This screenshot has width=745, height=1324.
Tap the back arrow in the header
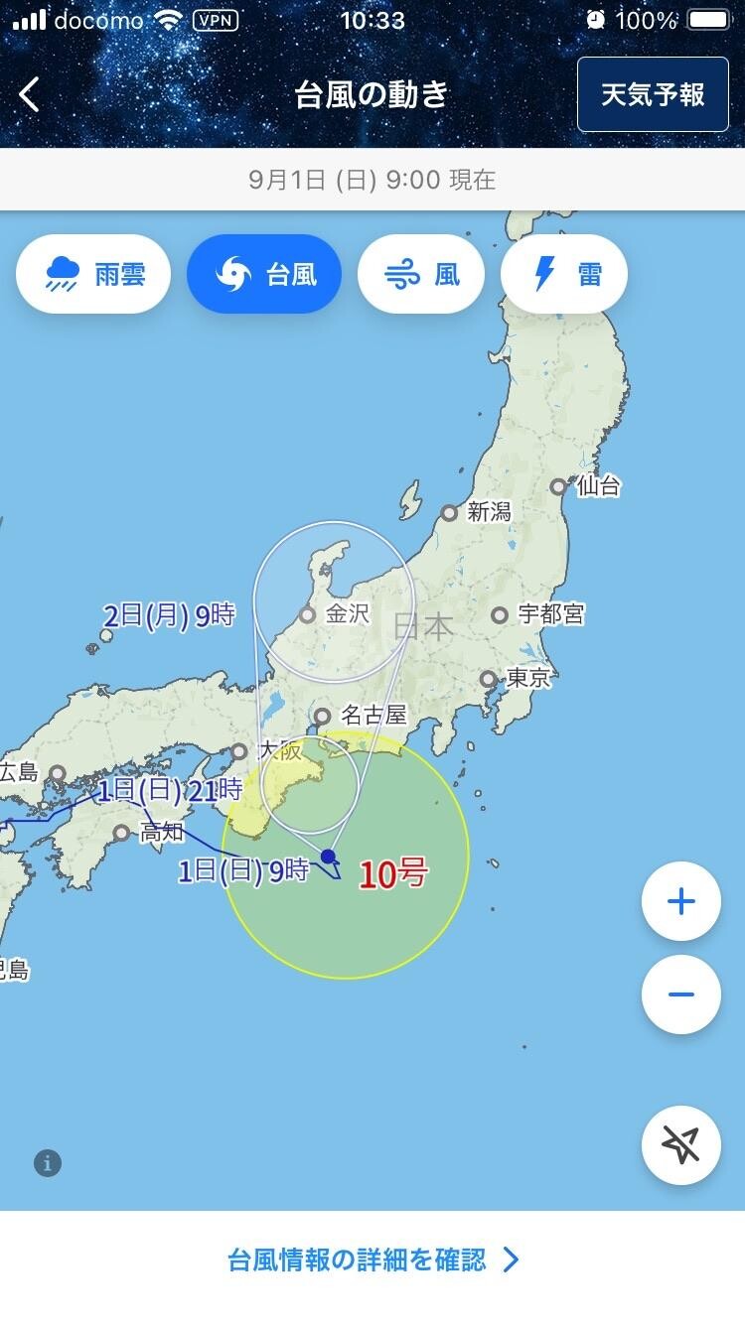[30, 95]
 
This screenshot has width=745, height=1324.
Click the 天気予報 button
[653, 94]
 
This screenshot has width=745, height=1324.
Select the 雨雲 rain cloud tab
[93, 274]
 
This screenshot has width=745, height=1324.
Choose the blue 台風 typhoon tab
[264, 274]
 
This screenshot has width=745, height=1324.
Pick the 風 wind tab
[421, 274]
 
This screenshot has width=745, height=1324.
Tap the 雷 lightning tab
[564, 274]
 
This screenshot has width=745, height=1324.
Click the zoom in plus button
[681, 901]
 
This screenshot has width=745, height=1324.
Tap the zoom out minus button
[681, 994]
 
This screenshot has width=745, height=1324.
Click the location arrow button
[681, 1145]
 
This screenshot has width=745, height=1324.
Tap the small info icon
[48, 1163]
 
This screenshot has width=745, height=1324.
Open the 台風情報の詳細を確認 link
[372, 1259]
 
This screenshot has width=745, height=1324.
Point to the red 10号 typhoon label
[393, 874]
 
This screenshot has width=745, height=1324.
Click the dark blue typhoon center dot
[328, 856]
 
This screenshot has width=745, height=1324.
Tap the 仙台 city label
[598, 485]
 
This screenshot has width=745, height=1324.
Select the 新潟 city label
[489, 512]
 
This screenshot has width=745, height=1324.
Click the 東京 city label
[528, 679]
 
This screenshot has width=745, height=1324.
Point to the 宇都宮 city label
[551, 614]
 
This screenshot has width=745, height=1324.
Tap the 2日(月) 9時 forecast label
[169, 615]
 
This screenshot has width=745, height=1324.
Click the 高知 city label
[162, 832]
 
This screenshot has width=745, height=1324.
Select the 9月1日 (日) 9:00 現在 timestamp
[372, 180]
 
